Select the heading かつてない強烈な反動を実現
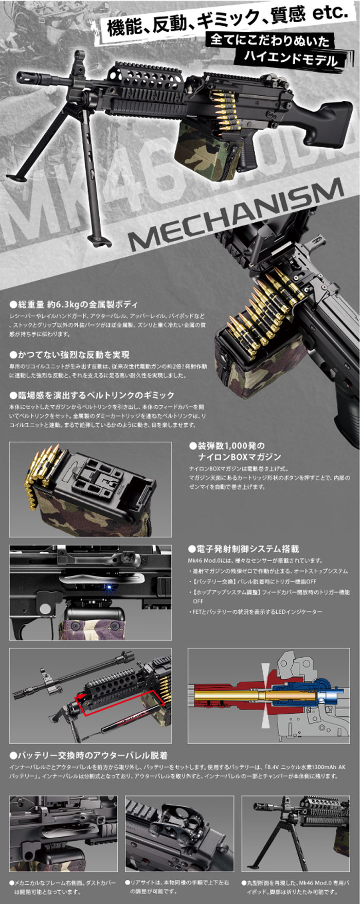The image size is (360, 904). (69, 355)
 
